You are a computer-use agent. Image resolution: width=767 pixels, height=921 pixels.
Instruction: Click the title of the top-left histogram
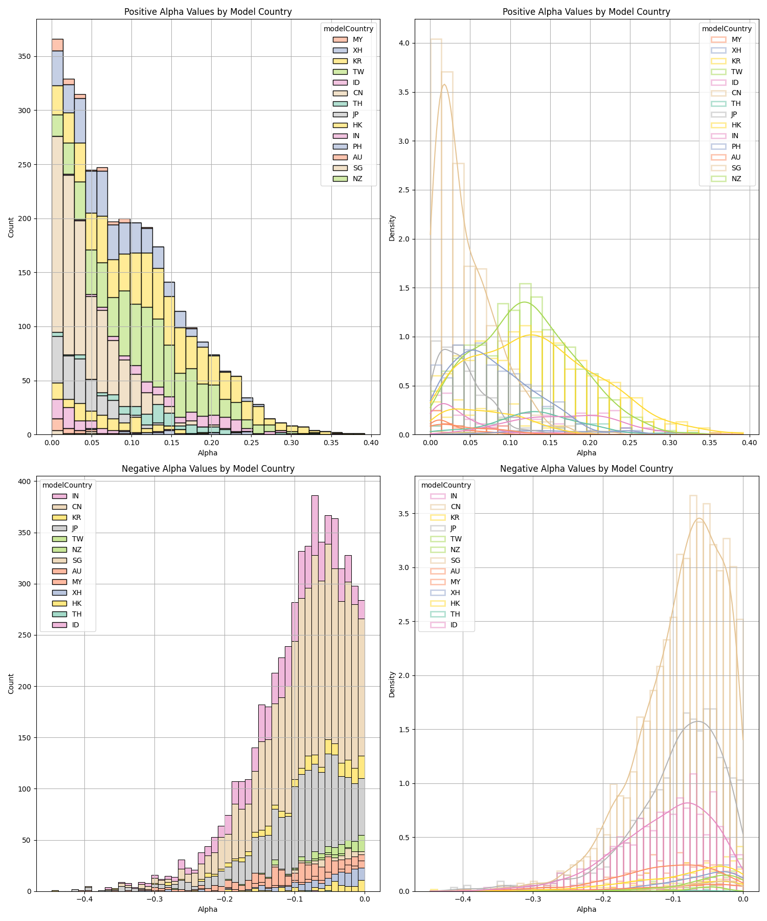pos(208,12)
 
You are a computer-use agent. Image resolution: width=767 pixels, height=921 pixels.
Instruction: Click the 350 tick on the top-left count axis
pos(24,56)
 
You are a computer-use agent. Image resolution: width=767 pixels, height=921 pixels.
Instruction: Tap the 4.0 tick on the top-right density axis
pos(405,43)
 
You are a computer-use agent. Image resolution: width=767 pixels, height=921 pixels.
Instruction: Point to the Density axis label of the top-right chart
pos(392,227)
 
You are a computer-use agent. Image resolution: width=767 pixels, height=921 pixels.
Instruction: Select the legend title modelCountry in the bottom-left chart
pos(67,485)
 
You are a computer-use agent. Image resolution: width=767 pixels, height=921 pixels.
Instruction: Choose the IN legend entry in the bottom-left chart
pos(66,496)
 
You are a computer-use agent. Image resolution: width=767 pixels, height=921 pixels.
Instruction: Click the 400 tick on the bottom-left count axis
pos(24,481)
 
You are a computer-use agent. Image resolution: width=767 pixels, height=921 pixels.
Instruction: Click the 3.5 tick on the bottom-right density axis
pos(405,514)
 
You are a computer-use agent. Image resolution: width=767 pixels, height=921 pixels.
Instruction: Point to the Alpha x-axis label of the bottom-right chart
pos(586,909)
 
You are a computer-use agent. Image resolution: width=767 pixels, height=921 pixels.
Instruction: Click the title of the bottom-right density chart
pos(586,469)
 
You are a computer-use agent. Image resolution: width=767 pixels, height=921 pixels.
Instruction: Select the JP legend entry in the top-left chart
pos(348,114)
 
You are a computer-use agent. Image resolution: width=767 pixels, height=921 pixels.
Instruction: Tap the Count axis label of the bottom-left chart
pos(11,684)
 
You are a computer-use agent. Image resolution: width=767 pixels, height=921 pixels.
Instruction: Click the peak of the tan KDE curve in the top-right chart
pos(444,84)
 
